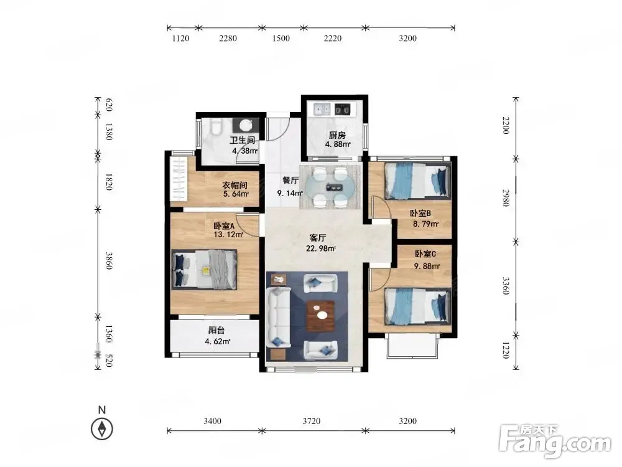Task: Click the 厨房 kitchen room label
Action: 337,135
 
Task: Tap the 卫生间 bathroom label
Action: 243,140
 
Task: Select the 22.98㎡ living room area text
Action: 320,248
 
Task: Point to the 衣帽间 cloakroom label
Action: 235,185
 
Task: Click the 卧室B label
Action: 420,214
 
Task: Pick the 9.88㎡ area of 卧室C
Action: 427,266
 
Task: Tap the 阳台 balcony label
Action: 216,331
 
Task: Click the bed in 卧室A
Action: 204,269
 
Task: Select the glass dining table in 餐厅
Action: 330,187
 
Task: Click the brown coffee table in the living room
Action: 320,316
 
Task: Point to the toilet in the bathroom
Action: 216,126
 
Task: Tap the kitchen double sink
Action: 322,109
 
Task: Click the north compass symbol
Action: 102,429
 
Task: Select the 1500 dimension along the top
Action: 281,38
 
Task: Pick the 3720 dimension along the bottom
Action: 312,421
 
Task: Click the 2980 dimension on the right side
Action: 505,197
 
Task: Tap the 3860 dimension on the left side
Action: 109,260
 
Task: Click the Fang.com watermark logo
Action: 555,441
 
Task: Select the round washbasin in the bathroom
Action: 246,126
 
